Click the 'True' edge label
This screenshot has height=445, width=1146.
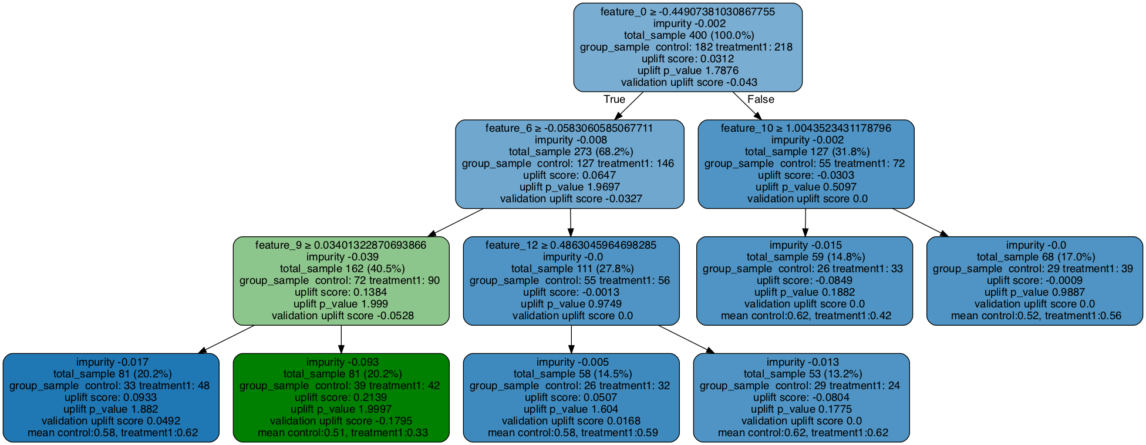tap(614, 99)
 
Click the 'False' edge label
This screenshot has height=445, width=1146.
tap(760, 99)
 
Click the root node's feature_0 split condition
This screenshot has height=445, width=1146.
tap(687, 12)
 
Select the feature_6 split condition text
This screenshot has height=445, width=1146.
tap(569, 128)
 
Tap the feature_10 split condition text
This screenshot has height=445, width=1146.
tap(805, 128)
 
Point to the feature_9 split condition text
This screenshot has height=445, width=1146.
tap(341, 245)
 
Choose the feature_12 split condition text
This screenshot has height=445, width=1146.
tap(571, 245)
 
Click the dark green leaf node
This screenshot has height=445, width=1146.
tap(341, 398)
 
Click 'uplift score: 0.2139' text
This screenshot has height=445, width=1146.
tap(341, 397)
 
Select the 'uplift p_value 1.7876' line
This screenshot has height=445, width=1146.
tap(687, 71)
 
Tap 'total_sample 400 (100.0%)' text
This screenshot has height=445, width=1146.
tap(687, 35)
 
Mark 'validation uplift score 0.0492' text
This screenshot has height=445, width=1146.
tap(111, 421)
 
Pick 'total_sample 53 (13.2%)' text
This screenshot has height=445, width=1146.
tap(801, 374)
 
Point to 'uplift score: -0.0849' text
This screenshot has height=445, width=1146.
tap(804, 280)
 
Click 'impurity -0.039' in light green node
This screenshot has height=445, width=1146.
tap(341, 257)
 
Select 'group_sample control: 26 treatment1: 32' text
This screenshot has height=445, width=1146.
tap(571, 386)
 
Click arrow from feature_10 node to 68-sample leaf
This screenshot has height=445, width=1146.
tap(920, 222)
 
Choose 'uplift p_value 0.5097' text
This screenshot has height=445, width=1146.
tap(805, 187)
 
